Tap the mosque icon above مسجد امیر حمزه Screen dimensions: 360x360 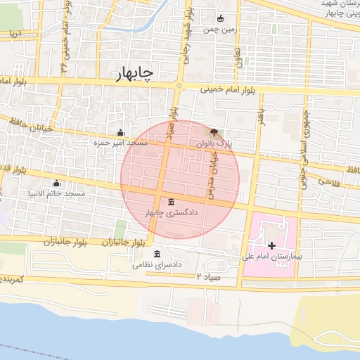(120, 132)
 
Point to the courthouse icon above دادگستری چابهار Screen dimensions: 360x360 (172, 202)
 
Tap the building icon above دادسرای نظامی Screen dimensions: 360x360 (156, 254)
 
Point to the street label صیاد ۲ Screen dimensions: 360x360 (209, 276)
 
